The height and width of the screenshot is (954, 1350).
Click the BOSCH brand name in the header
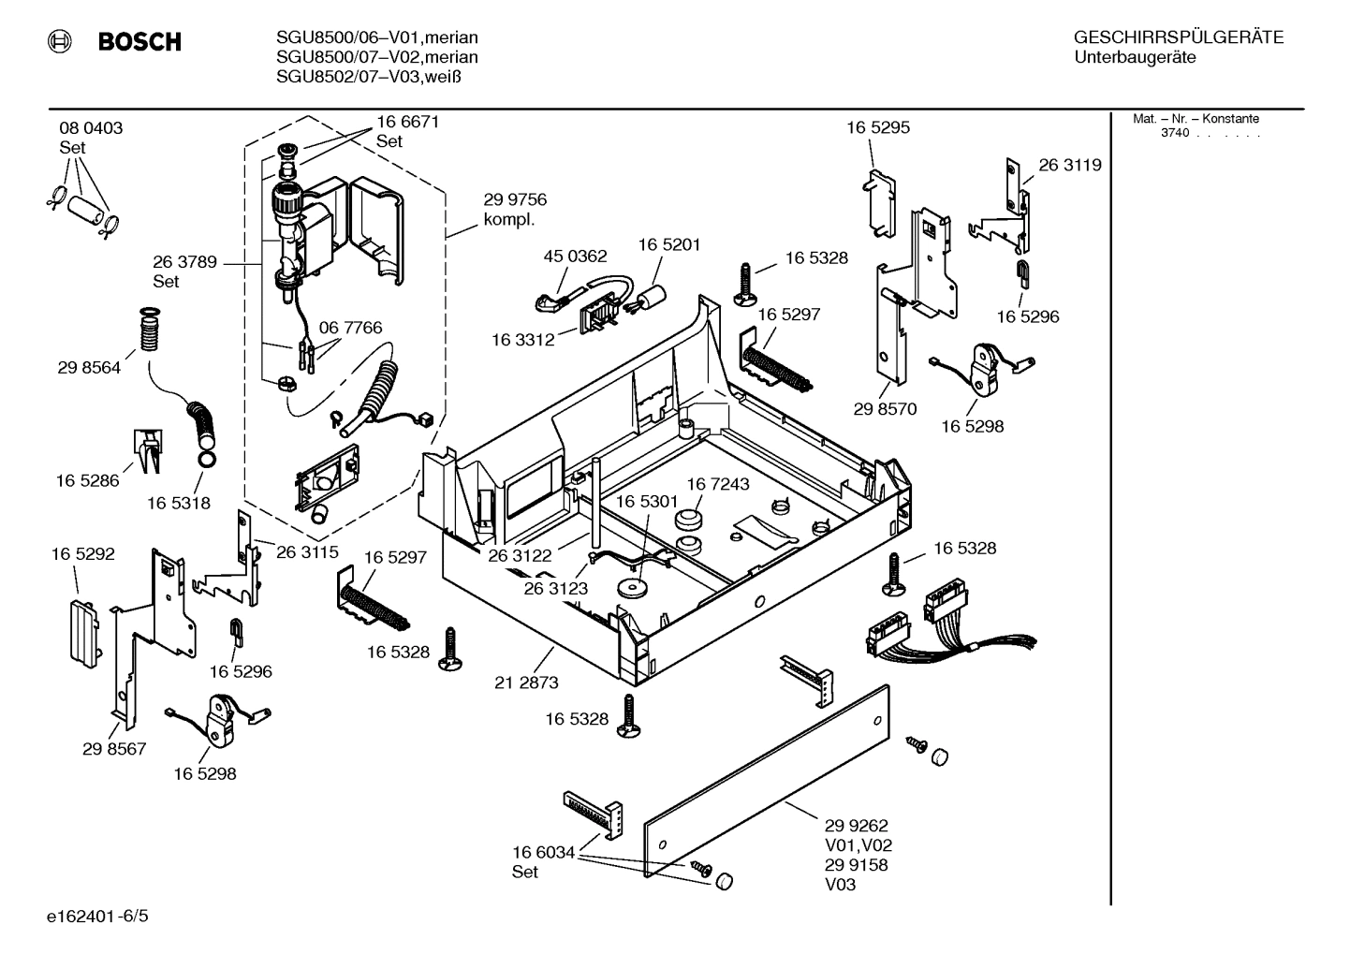[x=139, y=42]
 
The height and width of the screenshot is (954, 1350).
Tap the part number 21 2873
[x=526, y=682]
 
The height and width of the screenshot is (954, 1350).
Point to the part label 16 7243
[x=718, y=484]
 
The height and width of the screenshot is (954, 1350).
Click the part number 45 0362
[x=575, y=256]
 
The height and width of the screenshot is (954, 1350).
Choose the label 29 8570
[x=885, y=409]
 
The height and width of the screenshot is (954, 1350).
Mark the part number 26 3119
[x=1069, y=165]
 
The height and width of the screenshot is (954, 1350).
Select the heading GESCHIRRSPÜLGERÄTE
[x=1178, y=38]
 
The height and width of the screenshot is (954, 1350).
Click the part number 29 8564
[x=90, y=368]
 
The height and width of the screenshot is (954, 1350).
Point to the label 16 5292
[x=83, y=554]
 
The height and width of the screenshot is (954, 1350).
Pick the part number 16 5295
[x=878, y=127]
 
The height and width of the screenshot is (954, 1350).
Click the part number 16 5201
[x=669, y=244]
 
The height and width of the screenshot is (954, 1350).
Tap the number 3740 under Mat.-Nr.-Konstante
[x=1174, y=133]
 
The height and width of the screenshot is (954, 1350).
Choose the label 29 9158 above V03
[x=856, y=865]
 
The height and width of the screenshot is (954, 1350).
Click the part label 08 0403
[x=91, y=128]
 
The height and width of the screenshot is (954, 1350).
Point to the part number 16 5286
[x=88, y=480]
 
